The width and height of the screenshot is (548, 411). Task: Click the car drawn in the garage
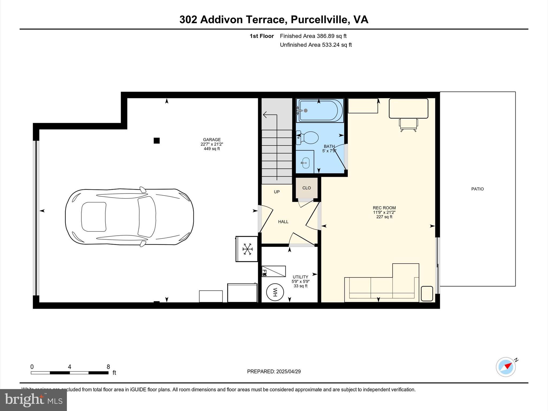[130, 217]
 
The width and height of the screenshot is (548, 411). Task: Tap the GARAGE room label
[212, 140]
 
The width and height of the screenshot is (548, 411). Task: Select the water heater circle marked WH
[275, 292]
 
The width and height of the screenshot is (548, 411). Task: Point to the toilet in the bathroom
[308, 138]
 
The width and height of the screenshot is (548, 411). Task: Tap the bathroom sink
[306, 163]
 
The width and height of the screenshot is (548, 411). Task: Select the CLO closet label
[307, 188]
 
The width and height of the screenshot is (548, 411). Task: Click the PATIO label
[477, 189]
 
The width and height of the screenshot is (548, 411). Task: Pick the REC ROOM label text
[384, 208]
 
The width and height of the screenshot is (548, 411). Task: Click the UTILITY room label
[300, 277]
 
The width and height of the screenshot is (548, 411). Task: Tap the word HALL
[283, 222]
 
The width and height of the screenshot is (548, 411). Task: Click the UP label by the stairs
[277, 192]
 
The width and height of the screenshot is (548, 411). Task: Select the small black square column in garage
[157, 140]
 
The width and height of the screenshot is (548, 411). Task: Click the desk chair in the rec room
[408, 125]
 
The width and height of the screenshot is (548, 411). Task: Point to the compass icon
[506, 367]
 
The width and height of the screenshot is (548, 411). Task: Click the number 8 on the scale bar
[108, 367]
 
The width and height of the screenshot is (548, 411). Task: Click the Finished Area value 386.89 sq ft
[332, 36]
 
